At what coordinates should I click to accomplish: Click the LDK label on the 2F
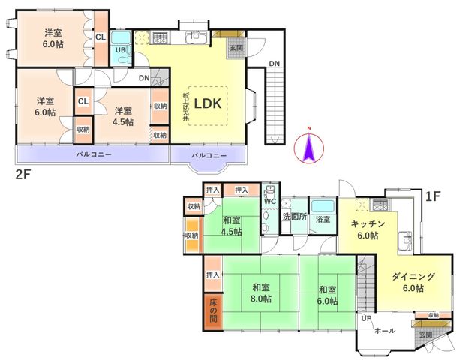(208, 103)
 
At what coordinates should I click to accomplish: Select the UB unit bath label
(120, 50)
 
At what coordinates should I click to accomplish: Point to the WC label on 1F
(270, 201)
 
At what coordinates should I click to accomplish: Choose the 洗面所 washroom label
(295, 217)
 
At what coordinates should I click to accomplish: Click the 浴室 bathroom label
(323, 219)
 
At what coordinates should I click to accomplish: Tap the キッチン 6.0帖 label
(368, 229)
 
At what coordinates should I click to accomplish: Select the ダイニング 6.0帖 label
(413, 282)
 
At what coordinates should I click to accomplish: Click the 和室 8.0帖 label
(261, 293)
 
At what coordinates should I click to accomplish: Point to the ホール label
(385, 331)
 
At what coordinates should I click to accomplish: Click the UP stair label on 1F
(366, 319)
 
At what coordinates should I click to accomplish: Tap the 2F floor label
(23, 174)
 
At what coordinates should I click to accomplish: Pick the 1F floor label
(433, 196)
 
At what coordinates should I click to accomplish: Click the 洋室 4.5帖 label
(123, 116)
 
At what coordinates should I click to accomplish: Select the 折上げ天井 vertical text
(186, 107)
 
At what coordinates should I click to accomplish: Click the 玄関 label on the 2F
(236, 47)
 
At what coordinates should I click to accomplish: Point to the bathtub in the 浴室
(323, 206)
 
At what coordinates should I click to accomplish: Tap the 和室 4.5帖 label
(232, 226)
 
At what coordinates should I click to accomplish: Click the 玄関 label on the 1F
(426, 334)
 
